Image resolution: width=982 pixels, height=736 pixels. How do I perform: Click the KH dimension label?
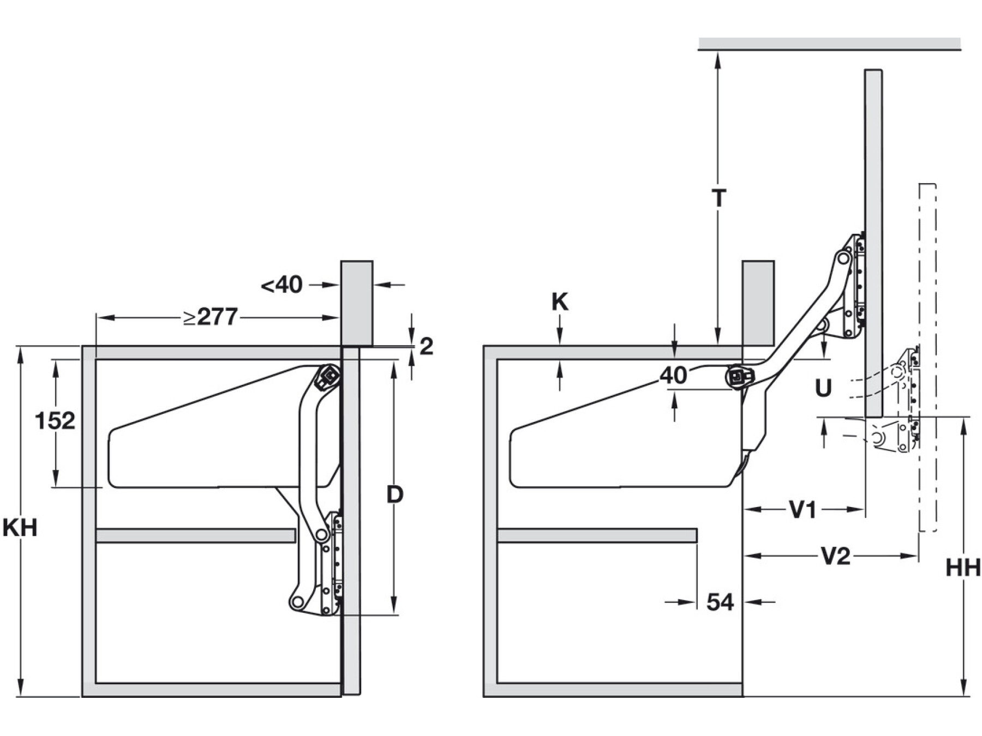coord(20,527)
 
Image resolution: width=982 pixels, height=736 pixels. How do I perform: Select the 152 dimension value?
coord(55,421)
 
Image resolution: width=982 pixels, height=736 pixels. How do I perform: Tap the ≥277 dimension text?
coord(211,317)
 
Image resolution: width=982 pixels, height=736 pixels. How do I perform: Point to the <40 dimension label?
coord(282,285)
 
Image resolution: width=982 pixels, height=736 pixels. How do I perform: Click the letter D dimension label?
coord(394,494)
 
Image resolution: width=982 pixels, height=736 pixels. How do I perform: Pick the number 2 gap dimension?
coord(427,346)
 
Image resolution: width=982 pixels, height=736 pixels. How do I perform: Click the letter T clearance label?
coord(719,198)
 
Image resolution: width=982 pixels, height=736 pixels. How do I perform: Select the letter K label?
coord(560,301)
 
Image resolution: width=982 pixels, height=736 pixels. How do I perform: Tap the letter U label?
coord(823,388)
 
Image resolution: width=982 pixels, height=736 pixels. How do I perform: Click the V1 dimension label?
coord(803,510)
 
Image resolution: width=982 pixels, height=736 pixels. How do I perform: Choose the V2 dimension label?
coord(835,557)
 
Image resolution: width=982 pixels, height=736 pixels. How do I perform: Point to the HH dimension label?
coord(963,568)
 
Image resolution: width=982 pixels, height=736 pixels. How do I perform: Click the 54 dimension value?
coord(720,602)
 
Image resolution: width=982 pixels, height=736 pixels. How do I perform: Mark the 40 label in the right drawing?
coord(673,376)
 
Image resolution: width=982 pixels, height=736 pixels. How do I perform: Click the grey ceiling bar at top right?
coord(829,43)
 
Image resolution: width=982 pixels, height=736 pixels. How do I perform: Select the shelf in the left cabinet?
coord(195,535)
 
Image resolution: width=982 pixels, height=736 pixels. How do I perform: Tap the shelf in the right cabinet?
coord(597,535)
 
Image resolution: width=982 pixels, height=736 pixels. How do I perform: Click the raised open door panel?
coord(873,240)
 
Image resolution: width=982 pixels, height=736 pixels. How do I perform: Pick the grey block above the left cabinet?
coord(357,302)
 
